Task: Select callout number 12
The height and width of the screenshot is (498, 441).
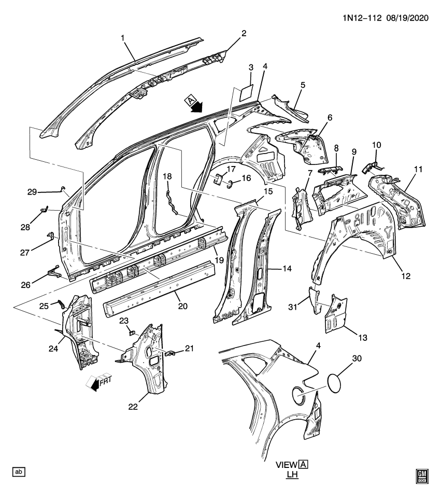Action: point(405,276)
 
